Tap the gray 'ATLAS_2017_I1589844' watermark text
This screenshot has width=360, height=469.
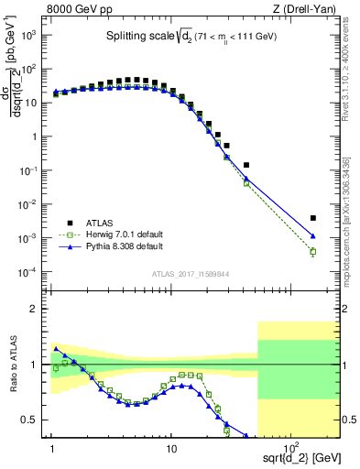(x=191, y=273)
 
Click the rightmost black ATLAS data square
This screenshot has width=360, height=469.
(x=313, y=218)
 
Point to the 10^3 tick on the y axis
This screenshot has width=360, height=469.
(x=33, y=34)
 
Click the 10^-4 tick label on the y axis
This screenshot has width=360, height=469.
(x=32, y=272)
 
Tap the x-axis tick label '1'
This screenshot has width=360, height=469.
(x=52, y=449)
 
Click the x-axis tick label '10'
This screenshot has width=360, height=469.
(x=171, y=449)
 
